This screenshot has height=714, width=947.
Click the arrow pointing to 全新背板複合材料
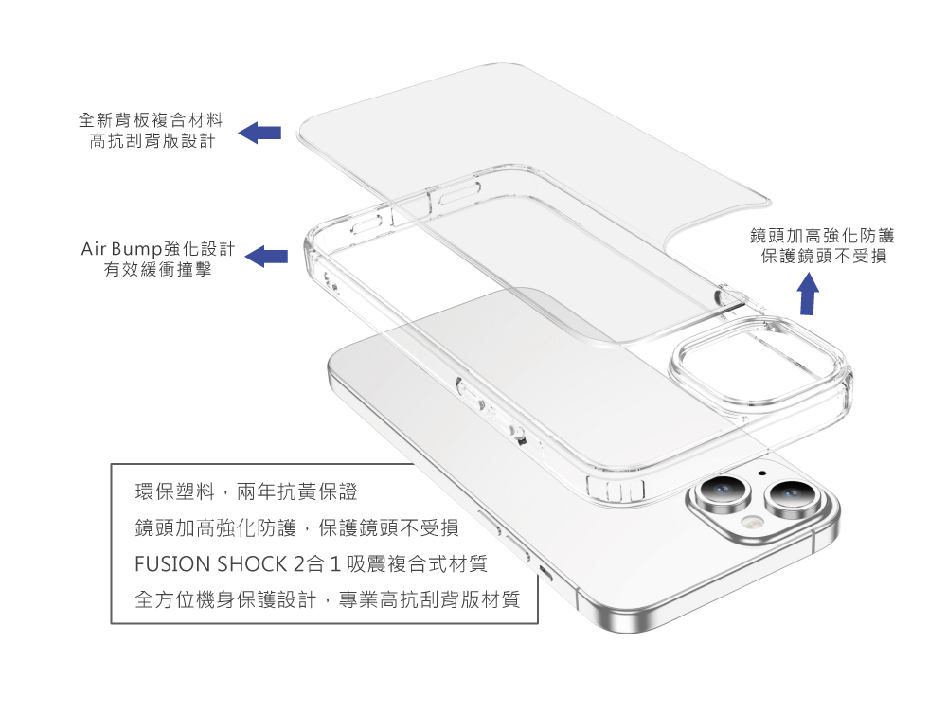pos(259,134)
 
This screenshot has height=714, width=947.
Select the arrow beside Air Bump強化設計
pos(266,256)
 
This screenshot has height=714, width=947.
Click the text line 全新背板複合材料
pos(151,120)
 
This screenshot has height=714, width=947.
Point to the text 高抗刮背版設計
pos(152,142)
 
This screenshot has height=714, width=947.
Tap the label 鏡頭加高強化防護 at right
pos(821,236)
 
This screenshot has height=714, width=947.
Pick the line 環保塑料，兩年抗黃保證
pos(246,492)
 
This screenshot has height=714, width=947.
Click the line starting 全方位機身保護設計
pos(328,599)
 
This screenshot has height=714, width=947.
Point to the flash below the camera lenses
pos(752,524)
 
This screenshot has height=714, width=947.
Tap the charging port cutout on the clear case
pos(616,491)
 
